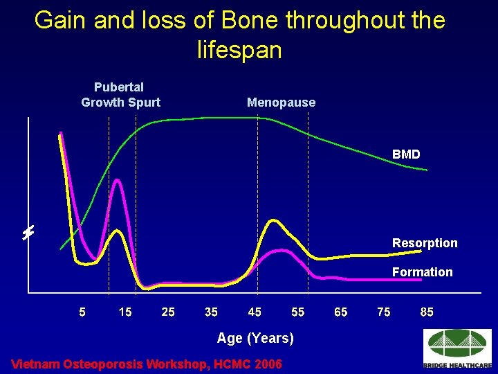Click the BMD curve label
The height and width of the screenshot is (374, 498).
click(406, 154)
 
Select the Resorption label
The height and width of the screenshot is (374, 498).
click(425, 243)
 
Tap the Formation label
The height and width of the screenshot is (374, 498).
click(422, 272)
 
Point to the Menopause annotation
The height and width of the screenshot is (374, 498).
click(281, 103)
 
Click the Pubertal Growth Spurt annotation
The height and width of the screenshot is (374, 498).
click(120, 95)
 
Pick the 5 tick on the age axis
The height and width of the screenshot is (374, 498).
click(82, 312)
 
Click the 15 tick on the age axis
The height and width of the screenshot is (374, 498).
click(125, 312)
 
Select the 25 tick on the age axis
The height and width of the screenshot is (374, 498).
click(168, 312)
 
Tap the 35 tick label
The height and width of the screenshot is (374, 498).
click(212, 312)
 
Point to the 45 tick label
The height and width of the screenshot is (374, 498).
click(255, 312)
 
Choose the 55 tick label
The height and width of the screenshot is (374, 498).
click(297, 312)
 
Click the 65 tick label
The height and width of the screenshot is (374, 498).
click(341, 312)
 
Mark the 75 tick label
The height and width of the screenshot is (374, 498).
click(384, 312)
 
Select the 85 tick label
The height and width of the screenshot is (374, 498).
click(427, 312)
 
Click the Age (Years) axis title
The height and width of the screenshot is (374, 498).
click(255, 338)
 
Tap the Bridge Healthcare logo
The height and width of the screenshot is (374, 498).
click(457, 349)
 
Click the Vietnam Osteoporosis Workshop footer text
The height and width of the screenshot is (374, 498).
click(147, 364)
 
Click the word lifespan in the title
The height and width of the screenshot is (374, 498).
click(239, 51)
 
